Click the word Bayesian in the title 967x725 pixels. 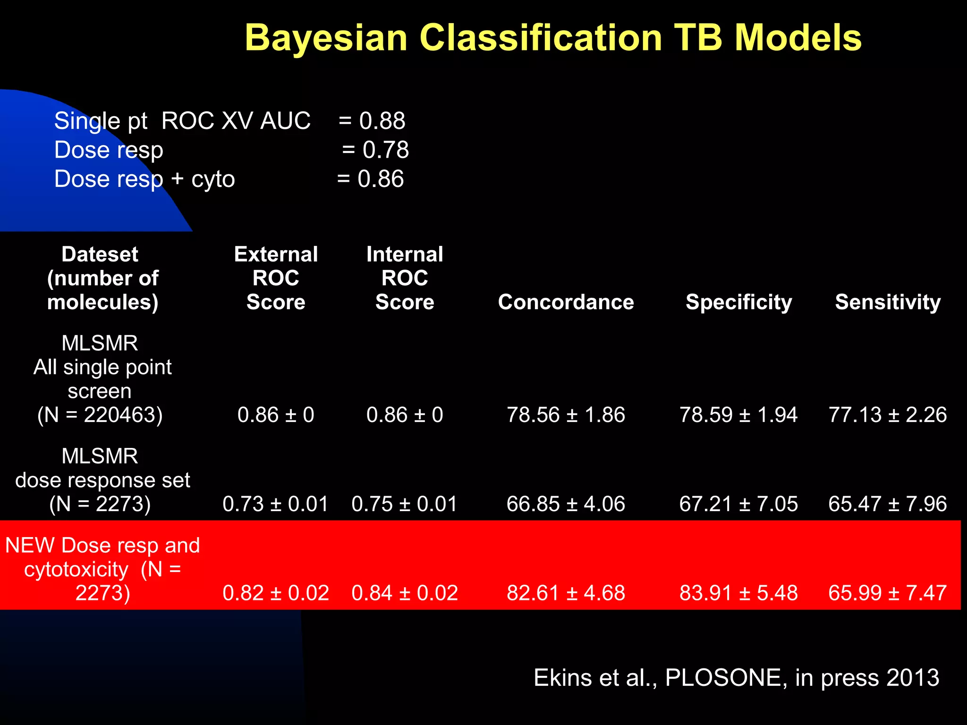pyautogui.click(x=326, y=38)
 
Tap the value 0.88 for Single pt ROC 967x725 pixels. pyautogui.click(x=382, y=121)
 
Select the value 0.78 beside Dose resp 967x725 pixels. pyautogui.click(x=385, y=150)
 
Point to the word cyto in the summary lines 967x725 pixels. pyautogui.click(x=212, y=179)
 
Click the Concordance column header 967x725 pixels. pyautogui.click(x=566, y=302)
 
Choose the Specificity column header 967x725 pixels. pyautogui.click(x=738, y=302)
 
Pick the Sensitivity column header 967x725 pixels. pyautogui.click(x=888, y=302)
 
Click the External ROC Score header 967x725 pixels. pyautogui.click(x=276, y=278)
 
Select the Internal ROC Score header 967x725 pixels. pyautogui.click(x=405, y=278)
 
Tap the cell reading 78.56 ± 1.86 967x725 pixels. pyautogui.click(x=566, y=415)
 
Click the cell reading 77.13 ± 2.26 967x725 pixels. pyautogui.click(x=888, y=415)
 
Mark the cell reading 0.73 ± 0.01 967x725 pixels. pyautogui.click(x=276, y=504)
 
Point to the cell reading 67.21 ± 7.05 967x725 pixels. pyautogui.click(x=738, y=504)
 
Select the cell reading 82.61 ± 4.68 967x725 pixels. pyautogui.click(x=566, y=593)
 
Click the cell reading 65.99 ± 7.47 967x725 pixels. pyautogui.click(x=888, y=593)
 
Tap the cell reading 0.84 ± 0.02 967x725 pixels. pyautogui.click(x=405, y=593)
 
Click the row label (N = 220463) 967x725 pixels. pyautogui.click(x=100, y=415)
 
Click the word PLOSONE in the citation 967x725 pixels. pyautogui.click(x=726, y=678)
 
